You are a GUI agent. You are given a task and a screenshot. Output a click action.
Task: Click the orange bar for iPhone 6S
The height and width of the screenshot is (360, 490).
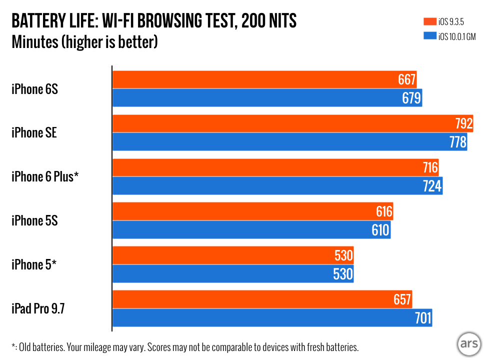(x=250, y=79)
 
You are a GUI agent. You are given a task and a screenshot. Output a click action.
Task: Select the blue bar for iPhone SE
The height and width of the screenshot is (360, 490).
(x=275, y=142)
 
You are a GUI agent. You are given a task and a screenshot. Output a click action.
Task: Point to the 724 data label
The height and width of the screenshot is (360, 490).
(x=432, y=186)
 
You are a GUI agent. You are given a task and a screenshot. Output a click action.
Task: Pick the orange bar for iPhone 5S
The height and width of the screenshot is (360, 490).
(x=240, y=211)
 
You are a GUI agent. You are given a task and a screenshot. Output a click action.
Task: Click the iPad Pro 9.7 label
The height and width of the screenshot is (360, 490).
(x=38, y=308)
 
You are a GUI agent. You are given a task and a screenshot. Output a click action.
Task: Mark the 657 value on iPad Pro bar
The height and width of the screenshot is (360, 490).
(x=402, y=299)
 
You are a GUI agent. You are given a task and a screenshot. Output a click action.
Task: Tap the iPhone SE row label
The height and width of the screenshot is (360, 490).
(x=34, y=132)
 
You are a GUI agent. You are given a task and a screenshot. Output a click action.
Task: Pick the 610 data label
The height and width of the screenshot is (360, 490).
(x=379, y=230)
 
